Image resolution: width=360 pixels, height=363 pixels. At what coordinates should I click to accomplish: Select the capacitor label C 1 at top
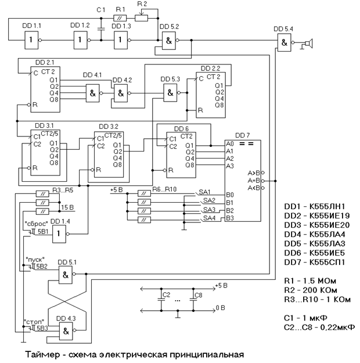(x=101, y=10)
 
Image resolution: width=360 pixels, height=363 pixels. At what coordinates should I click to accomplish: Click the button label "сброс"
(x=35, y=223)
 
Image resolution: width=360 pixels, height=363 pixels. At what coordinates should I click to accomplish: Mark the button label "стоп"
(x=33, y=320)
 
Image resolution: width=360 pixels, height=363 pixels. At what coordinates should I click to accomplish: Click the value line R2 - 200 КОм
(x=317, y=289)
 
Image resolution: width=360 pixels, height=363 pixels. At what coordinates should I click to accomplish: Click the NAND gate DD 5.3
(x=170, y=91)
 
